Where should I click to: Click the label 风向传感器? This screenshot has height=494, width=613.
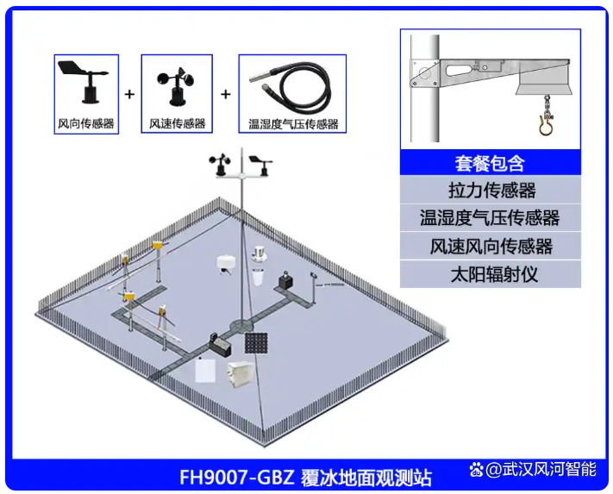click(x=86, y=124)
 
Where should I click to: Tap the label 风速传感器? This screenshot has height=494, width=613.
click(x=177, y=124)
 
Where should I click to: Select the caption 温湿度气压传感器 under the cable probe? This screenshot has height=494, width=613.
click(x=293, y=124)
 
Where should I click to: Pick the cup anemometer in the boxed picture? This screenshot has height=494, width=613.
click(x=176, y=86)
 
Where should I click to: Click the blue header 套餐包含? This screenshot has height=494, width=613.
click(x=491, y=163)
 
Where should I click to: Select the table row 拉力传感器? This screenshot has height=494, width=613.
click(x=491, y=191)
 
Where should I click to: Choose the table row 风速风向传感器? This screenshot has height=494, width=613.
click(x=491, y=247)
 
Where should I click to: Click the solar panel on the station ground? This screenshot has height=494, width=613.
click(x=256, y=343)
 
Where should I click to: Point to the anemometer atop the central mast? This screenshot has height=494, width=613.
click(x=221, y=165)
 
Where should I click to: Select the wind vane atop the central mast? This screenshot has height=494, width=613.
click(x=260, y=164)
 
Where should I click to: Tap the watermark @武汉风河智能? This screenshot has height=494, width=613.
click(x=541, y=469)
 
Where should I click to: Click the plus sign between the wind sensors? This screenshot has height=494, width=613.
click(x=129, y=94)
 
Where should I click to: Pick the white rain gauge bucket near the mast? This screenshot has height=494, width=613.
click(x=258, y=277)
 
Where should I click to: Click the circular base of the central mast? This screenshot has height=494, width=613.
click(x=241, y=325)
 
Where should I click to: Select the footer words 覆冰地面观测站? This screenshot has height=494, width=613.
click(x=366, y=478)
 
